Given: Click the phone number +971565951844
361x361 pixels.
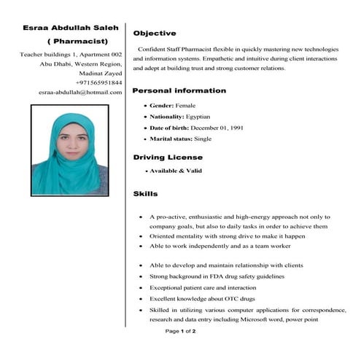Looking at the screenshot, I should coord(98,83).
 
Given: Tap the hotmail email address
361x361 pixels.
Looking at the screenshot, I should coord(80,93).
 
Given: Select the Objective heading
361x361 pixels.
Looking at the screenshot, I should coord(154,34).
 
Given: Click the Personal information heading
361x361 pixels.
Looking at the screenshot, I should coord(179,90).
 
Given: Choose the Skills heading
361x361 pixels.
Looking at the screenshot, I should coord(145,194).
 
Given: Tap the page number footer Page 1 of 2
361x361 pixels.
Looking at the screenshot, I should coord(180,331).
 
